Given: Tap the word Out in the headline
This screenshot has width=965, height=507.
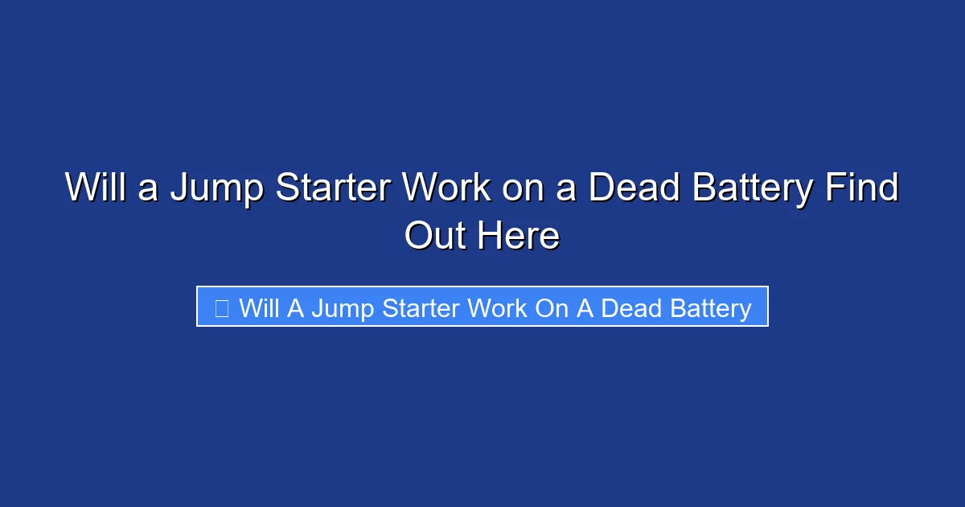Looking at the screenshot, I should [x=435, y=237].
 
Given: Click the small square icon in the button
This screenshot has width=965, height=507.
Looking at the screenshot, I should [x=222, y=307].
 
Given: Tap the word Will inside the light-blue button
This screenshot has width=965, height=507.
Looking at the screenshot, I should [x=259, y=307].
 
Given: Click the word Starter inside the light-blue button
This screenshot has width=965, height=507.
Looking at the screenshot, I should [x=422, y=307].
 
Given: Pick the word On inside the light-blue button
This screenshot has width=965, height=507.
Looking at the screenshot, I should [x=552, y=307].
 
